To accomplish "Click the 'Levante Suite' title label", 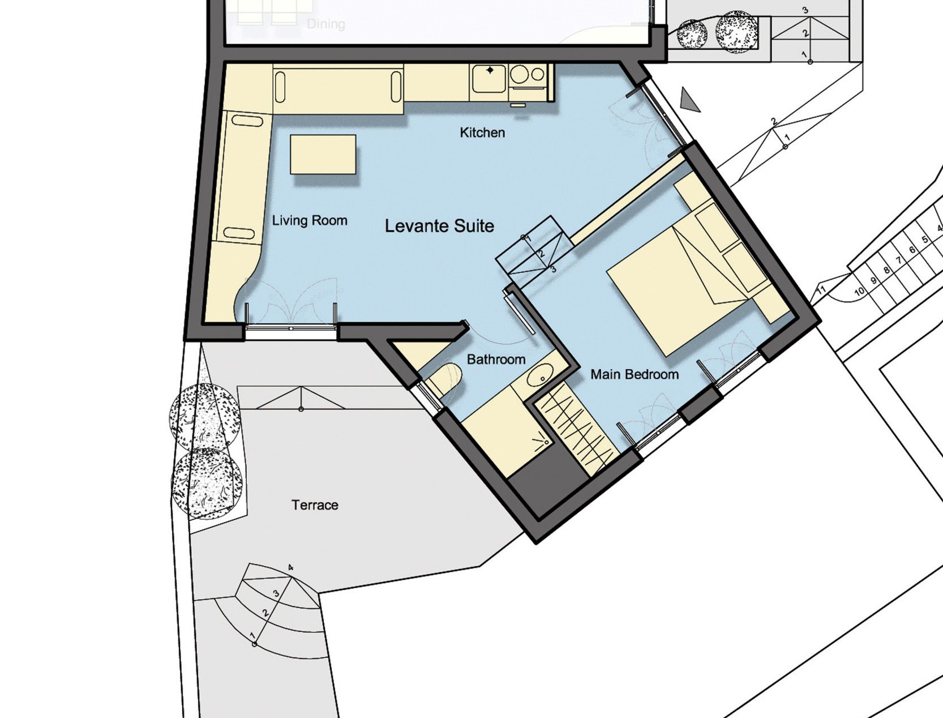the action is point(439,226).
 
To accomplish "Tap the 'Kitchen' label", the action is point(482,133).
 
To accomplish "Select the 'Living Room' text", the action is point(310,221).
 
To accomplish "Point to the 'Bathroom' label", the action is point(496,359).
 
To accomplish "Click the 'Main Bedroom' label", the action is point(635,375).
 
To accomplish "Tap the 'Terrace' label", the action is point(315,505).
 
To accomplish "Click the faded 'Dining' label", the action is point(326,24).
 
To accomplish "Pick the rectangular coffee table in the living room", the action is point(323,154).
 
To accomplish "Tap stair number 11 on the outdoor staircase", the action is point(821,289).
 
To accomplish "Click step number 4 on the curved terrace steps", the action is point(291,567).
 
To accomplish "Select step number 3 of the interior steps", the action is point(554,270).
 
